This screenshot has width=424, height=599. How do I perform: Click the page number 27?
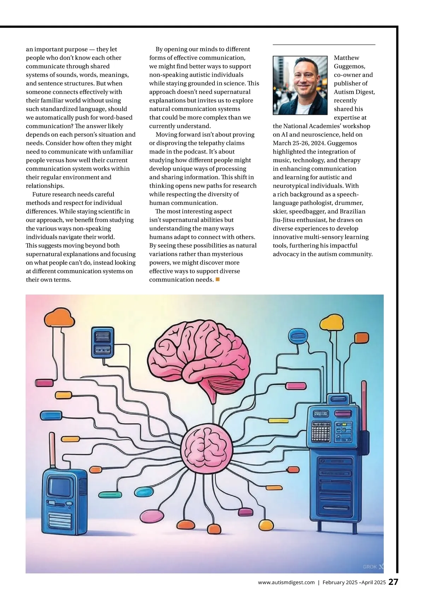[x=393, y=582]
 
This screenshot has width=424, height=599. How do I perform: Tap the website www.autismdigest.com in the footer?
[x=286, y=583]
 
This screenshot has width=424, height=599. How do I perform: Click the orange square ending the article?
[x=218, y=279]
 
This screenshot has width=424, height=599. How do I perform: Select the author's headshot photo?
[x=300, y=85]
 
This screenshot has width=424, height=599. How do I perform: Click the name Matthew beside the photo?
[x=346, y=58]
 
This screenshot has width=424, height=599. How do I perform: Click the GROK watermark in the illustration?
[x=370, y=567]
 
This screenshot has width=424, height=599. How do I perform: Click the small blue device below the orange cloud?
[x=102, y=342]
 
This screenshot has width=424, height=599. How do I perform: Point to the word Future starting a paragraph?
[x=42, y=194]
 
